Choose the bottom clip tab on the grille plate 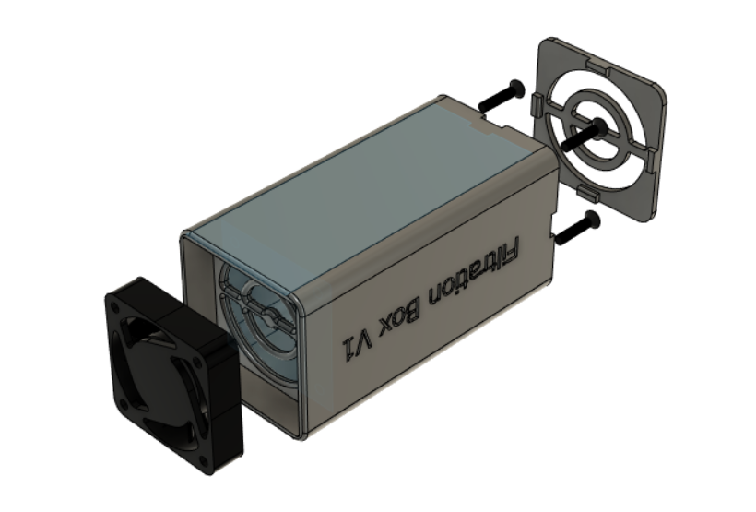point(586,190)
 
